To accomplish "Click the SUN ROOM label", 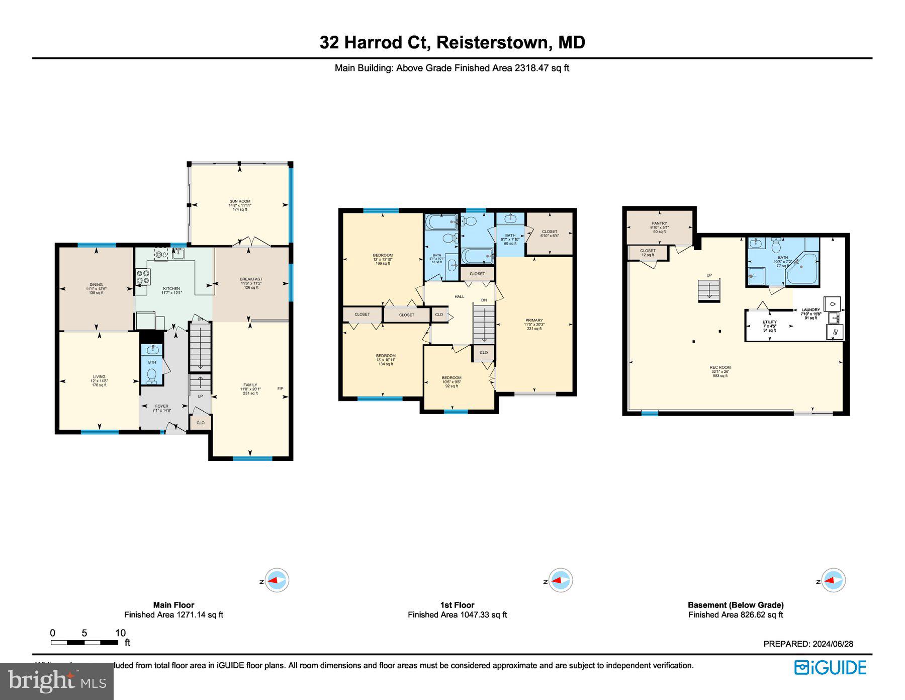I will tap(240, 201).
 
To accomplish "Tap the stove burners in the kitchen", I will tap(143, 277).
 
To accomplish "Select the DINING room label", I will tap(96, 285).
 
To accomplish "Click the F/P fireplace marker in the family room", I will tap(281, 388).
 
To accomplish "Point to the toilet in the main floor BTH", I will tap(152, 375).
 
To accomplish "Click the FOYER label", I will tap(162, 406).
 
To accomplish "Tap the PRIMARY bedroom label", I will tap(534, 321).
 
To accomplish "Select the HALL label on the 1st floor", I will tap(460, 297).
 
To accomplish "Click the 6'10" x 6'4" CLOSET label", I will tap(550, 232).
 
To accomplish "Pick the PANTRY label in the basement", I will tap(659, 223).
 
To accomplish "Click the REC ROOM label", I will tap(720, 368).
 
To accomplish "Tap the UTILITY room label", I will tap(769, 322).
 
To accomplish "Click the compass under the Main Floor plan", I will tap(276, 581).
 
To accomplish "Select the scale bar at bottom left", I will tap(84, 643).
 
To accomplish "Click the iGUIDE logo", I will tap(830, 668).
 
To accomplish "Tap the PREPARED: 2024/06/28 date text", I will tap(808, 644).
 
